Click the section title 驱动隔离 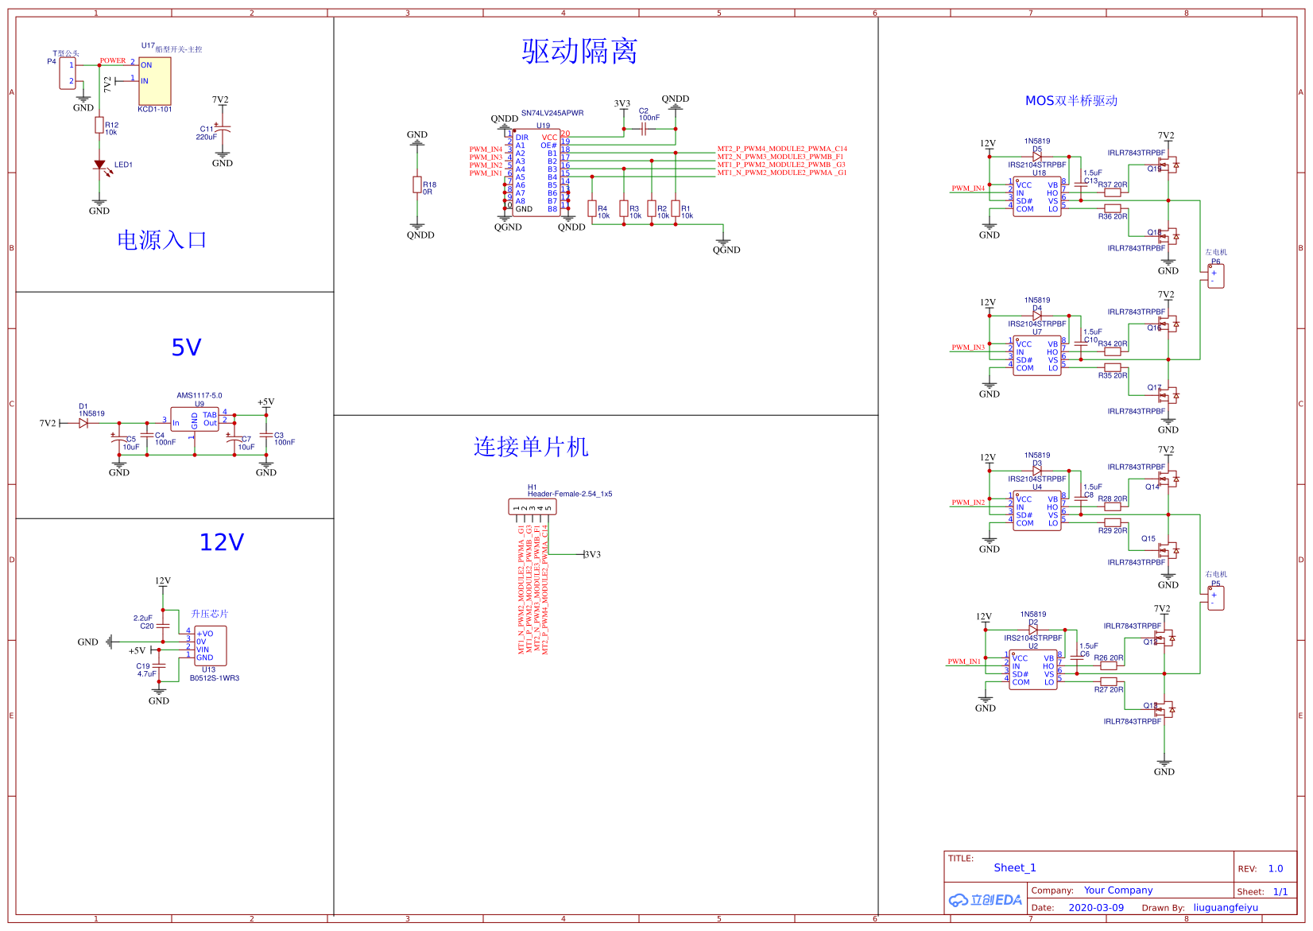tap(579, 52)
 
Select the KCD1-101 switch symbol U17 tap(154, 80)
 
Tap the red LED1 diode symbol tap(99, 165)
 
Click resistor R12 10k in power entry tap(99, 125)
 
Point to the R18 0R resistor tap(417, 184)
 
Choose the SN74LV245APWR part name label tap(552, 113)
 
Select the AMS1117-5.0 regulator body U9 tap(195, 419)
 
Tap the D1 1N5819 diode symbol tap(83, 423)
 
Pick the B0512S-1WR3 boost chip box tap(211, 646)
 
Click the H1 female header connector tap(533, 506)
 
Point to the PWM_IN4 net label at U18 tap(968, 188)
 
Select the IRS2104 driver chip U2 tap(1033, 669)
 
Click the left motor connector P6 tap(1215, 276)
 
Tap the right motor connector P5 tap(1215, 598)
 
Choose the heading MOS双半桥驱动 tap(1071, 101)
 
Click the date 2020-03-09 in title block tap(1096, 908)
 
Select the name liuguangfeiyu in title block tap(1226, 908)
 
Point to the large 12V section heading tap(222, 542)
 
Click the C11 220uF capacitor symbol tap(223, 129)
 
